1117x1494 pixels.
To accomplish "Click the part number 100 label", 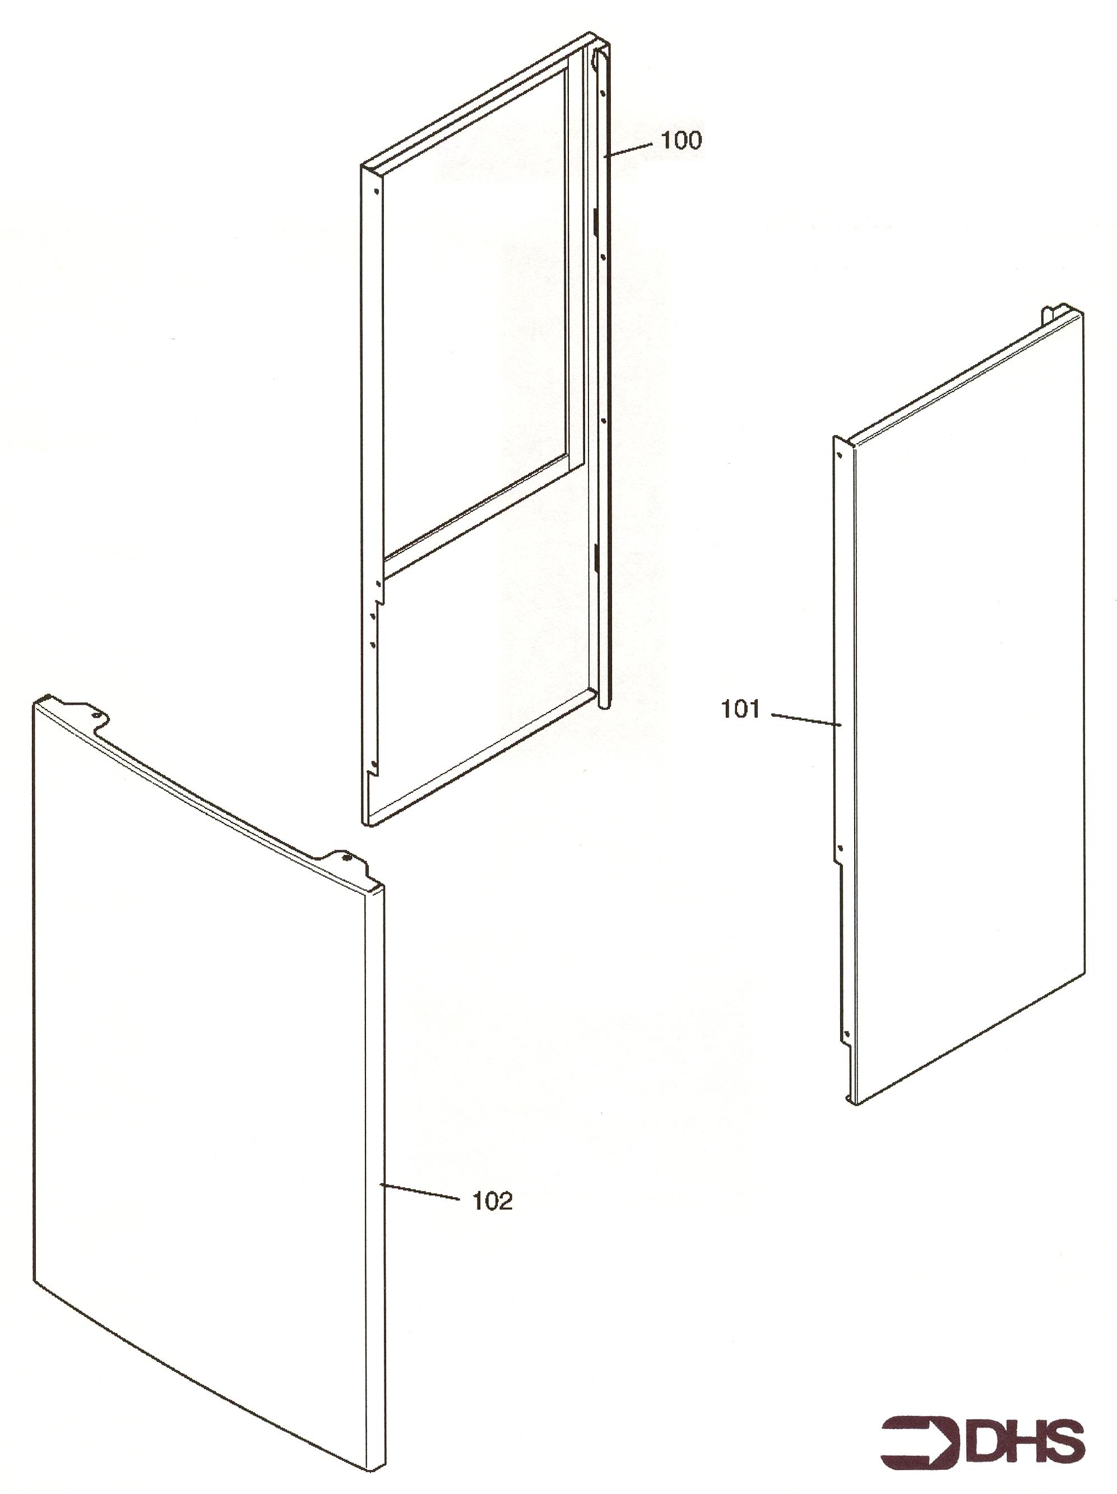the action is pyautogui.click(x=680, y=141).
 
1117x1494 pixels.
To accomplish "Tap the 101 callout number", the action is pyautogui.click(x=740, y=709).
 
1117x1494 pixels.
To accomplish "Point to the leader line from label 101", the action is pyautogui.click(x=806, y=719).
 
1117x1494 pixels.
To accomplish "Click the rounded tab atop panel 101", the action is pyautogui.click(x=1048, y=314).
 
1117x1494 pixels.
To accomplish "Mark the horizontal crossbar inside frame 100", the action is pyautogui.click(x=476, y=515).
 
